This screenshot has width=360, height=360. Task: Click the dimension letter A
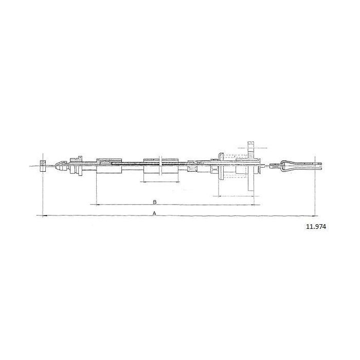click(154, 213)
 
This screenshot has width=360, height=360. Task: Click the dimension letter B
click(155, 202)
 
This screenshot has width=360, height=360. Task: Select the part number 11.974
click(316, 227)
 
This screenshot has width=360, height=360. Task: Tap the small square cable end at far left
click(43, 166)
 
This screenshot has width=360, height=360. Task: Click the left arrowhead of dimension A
click(45, 215)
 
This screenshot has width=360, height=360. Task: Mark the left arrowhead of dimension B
click(99, 204)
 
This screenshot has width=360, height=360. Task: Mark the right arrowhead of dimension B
click(252, 205)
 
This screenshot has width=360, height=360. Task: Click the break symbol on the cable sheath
click(160, 166)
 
